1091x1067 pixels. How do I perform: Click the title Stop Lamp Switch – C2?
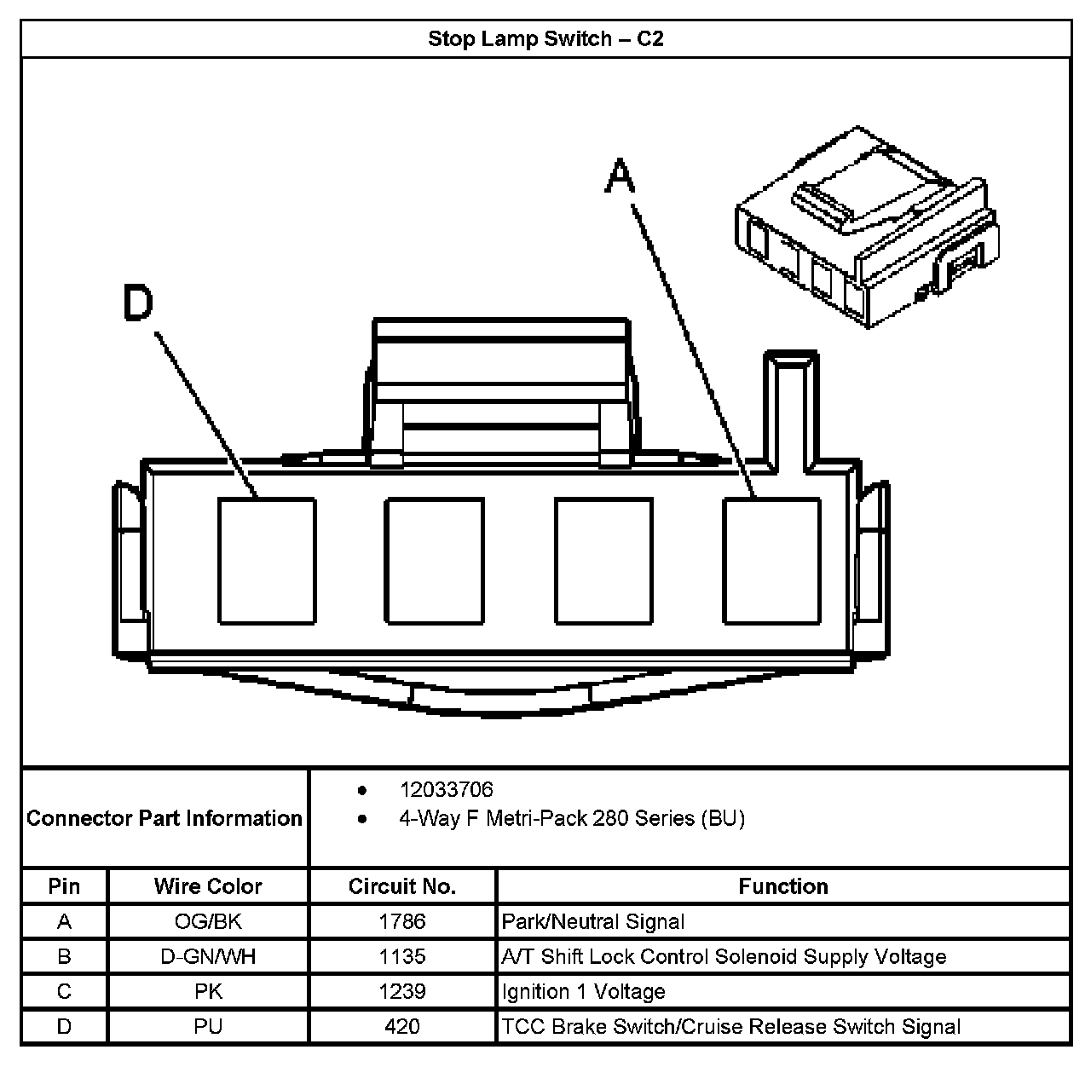(x=545, y=39)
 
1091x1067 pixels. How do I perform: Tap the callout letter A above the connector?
(x=621, y=178)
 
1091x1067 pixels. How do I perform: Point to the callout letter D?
(x=138, y=303)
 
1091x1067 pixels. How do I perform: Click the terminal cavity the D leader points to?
(x=267, y=561)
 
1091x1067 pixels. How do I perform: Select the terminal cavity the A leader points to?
(x=772, y=561)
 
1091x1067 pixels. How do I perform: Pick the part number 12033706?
(x=446, y=790)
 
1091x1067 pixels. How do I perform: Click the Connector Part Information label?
(x=165, y=818)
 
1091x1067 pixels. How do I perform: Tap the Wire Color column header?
(x=208, y=886)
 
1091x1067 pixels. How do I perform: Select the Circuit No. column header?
(x=402, y=886)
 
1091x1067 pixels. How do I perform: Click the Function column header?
(x=783, y=886)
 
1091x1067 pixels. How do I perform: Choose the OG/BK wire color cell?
(x=208, y=921)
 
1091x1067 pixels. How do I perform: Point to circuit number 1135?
(x=402, y=956)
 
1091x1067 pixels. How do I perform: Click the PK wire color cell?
(x=208, y=991)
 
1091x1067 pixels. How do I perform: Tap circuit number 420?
(x=402, y=1026)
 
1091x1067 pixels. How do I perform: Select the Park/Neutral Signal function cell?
(x=593, y=921)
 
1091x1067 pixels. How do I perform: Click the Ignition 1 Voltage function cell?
(x=584, y=991)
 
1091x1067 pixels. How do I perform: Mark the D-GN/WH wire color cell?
(x=208, y=956)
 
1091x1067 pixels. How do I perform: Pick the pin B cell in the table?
(x=64, y=956)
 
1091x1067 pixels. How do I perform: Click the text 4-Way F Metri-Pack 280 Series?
(x=572, y=819)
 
